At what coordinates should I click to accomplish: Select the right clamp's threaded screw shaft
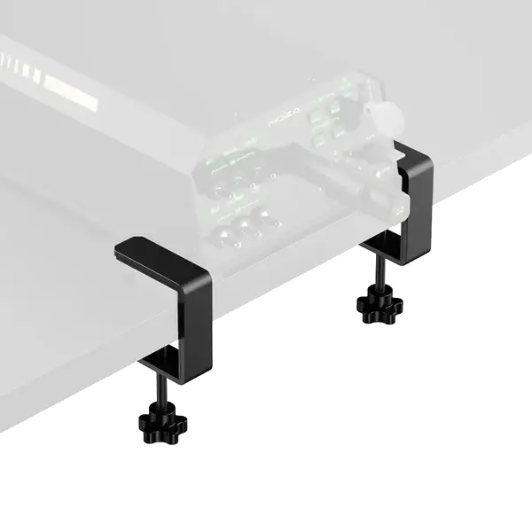pos(377,270)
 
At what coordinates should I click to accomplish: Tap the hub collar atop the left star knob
pos(160,410)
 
